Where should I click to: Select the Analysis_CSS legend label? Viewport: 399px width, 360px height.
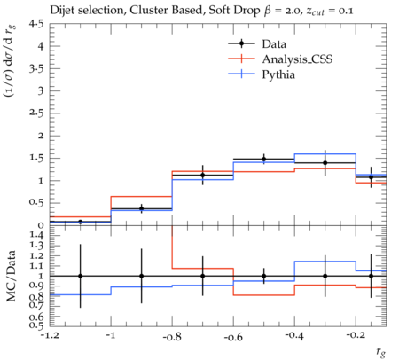coord(297,59)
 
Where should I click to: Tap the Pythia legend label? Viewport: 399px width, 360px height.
coord(278,74)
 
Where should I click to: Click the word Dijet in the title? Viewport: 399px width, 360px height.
coord(61,11)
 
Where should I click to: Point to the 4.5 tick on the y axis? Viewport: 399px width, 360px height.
coord(35,24)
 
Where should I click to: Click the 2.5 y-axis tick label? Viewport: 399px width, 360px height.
coord(35,113)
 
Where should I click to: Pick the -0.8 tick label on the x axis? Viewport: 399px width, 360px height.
coord(172,337)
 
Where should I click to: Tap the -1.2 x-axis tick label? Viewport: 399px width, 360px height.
coord(50,336)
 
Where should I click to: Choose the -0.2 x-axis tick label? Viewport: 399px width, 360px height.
coord(356,335)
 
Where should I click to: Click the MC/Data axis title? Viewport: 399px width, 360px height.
coord(11,276)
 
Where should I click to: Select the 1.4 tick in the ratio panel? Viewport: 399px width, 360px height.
coord(36,235)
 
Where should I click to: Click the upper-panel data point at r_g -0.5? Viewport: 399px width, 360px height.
coord(264,159)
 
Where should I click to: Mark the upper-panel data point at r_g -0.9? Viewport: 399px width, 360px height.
coord(141,208)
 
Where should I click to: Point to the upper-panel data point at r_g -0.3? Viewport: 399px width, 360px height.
coord(325,163)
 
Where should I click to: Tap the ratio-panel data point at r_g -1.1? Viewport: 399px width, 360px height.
coord(80,276)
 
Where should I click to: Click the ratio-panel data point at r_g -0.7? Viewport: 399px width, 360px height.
coord(203,276)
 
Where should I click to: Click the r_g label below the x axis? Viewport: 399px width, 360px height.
coord(381,352)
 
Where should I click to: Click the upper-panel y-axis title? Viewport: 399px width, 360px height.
coord(10,61)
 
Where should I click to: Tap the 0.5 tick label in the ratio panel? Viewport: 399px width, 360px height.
coord(36,325)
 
